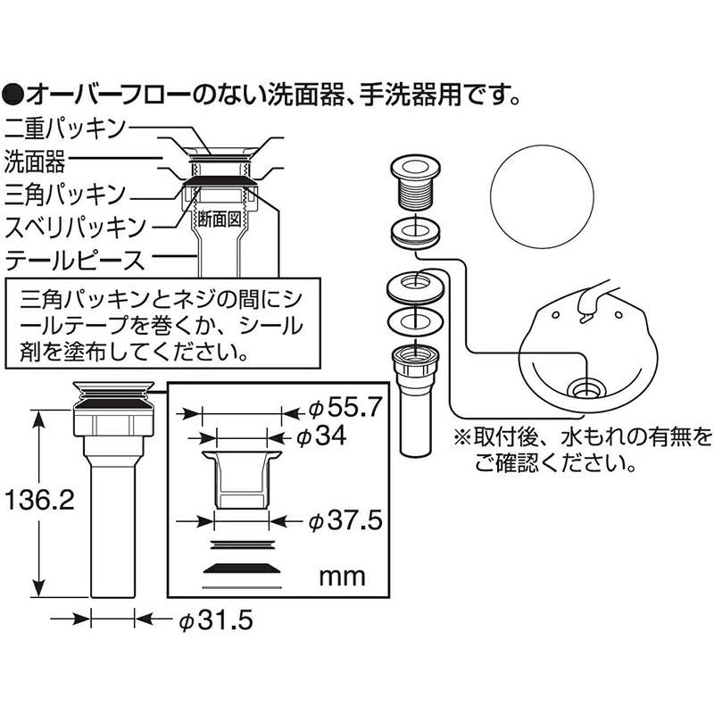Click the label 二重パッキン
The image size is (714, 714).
[64, 128]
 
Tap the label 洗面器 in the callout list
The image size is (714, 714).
[35, 161]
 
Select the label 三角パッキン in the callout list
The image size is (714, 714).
[64, 194]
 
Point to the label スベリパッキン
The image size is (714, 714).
[76, 227]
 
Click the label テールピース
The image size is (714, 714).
[75, 260]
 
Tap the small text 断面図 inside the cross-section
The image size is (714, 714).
[219, 220]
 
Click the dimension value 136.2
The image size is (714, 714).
[38, 501]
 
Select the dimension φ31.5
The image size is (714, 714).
[215, 619]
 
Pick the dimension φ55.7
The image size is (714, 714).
[344, 408]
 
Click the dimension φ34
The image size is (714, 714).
[320, 436]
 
